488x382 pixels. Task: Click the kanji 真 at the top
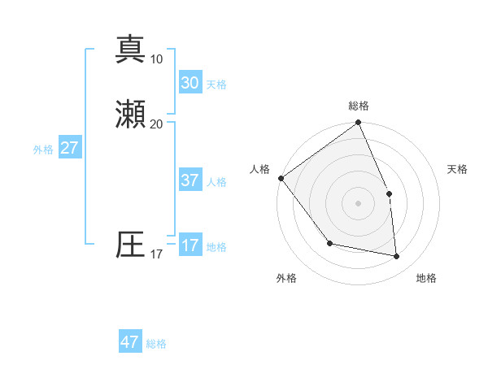[x=130, y=49]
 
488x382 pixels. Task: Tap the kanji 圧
[x=130, y=245]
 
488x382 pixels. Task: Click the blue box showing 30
[x=190, y=83]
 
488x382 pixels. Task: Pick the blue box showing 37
[x=190, y=180]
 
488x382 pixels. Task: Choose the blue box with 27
[x=69, y=148]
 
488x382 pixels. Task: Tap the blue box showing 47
[x=130, y=342]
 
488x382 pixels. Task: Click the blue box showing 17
[x=190, y=245]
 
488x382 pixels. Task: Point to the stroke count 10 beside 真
[x=156, y=59]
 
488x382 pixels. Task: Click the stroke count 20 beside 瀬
[x=156, y=124]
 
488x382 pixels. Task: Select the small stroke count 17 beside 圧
[x=156, y=254]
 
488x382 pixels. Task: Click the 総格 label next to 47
[x=156, y=344]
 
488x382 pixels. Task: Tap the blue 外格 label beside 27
[x=43, y=150]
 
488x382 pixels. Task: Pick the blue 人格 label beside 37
[x=216, y=182]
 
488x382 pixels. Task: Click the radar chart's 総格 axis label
[x=359, y=106]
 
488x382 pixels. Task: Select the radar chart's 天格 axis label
[x=458, y=169]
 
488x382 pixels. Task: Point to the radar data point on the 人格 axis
[x=281, y=178]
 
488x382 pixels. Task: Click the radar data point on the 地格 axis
[x=396, y=256]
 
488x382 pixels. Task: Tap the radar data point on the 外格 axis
[x=329, y=243]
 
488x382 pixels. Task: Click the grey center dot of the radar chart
[x=358, y=203]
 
